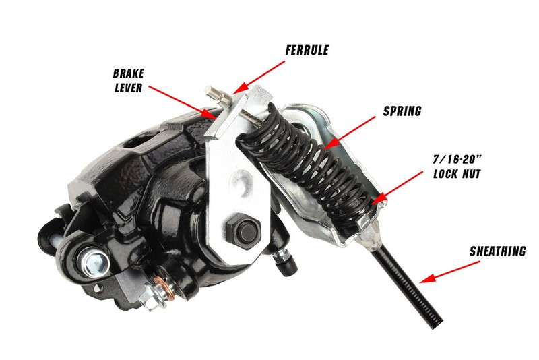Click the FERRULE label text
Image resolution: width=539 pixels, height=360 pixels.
coord(307,50)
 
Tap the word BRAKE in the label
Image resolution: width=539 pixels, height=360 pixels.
coord(129,73)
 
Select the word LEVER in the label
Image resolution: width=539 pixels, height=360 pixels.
coord(128,88)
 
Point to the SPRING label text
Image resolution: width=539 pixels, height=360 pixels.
coord(402,111)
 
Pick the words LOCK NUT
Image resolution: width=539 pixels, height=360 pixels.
coord(457,174)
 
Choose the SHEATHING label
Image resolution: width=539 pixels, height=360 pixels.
coord(497,251)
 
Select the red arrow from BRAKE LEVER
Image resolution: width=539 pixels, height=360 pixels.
coord(182,102)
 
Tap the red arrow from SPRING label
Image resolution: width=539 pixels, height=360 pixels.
coord(350,132)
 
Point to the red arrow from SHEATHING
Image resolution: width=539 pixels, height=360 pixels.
coord(450,272)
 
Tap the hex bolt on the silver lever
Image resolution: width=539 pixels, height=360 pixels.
coord(243,229)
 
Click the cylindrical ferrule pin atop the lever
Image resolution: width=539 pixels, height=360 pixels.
coord(216,94)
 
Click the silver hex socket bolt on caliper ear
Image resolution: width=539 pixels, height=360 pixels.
coord(94,260)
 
